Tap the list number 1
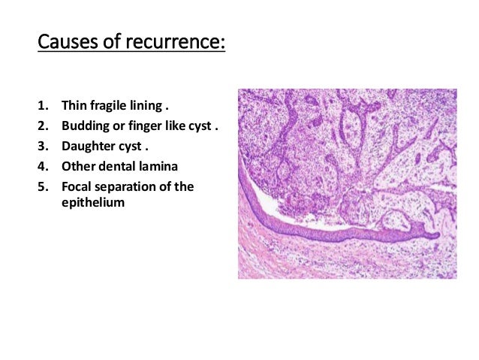coord(42,105)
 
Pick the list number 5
coord(42,186)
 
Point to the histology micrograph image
coord(347,184)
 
